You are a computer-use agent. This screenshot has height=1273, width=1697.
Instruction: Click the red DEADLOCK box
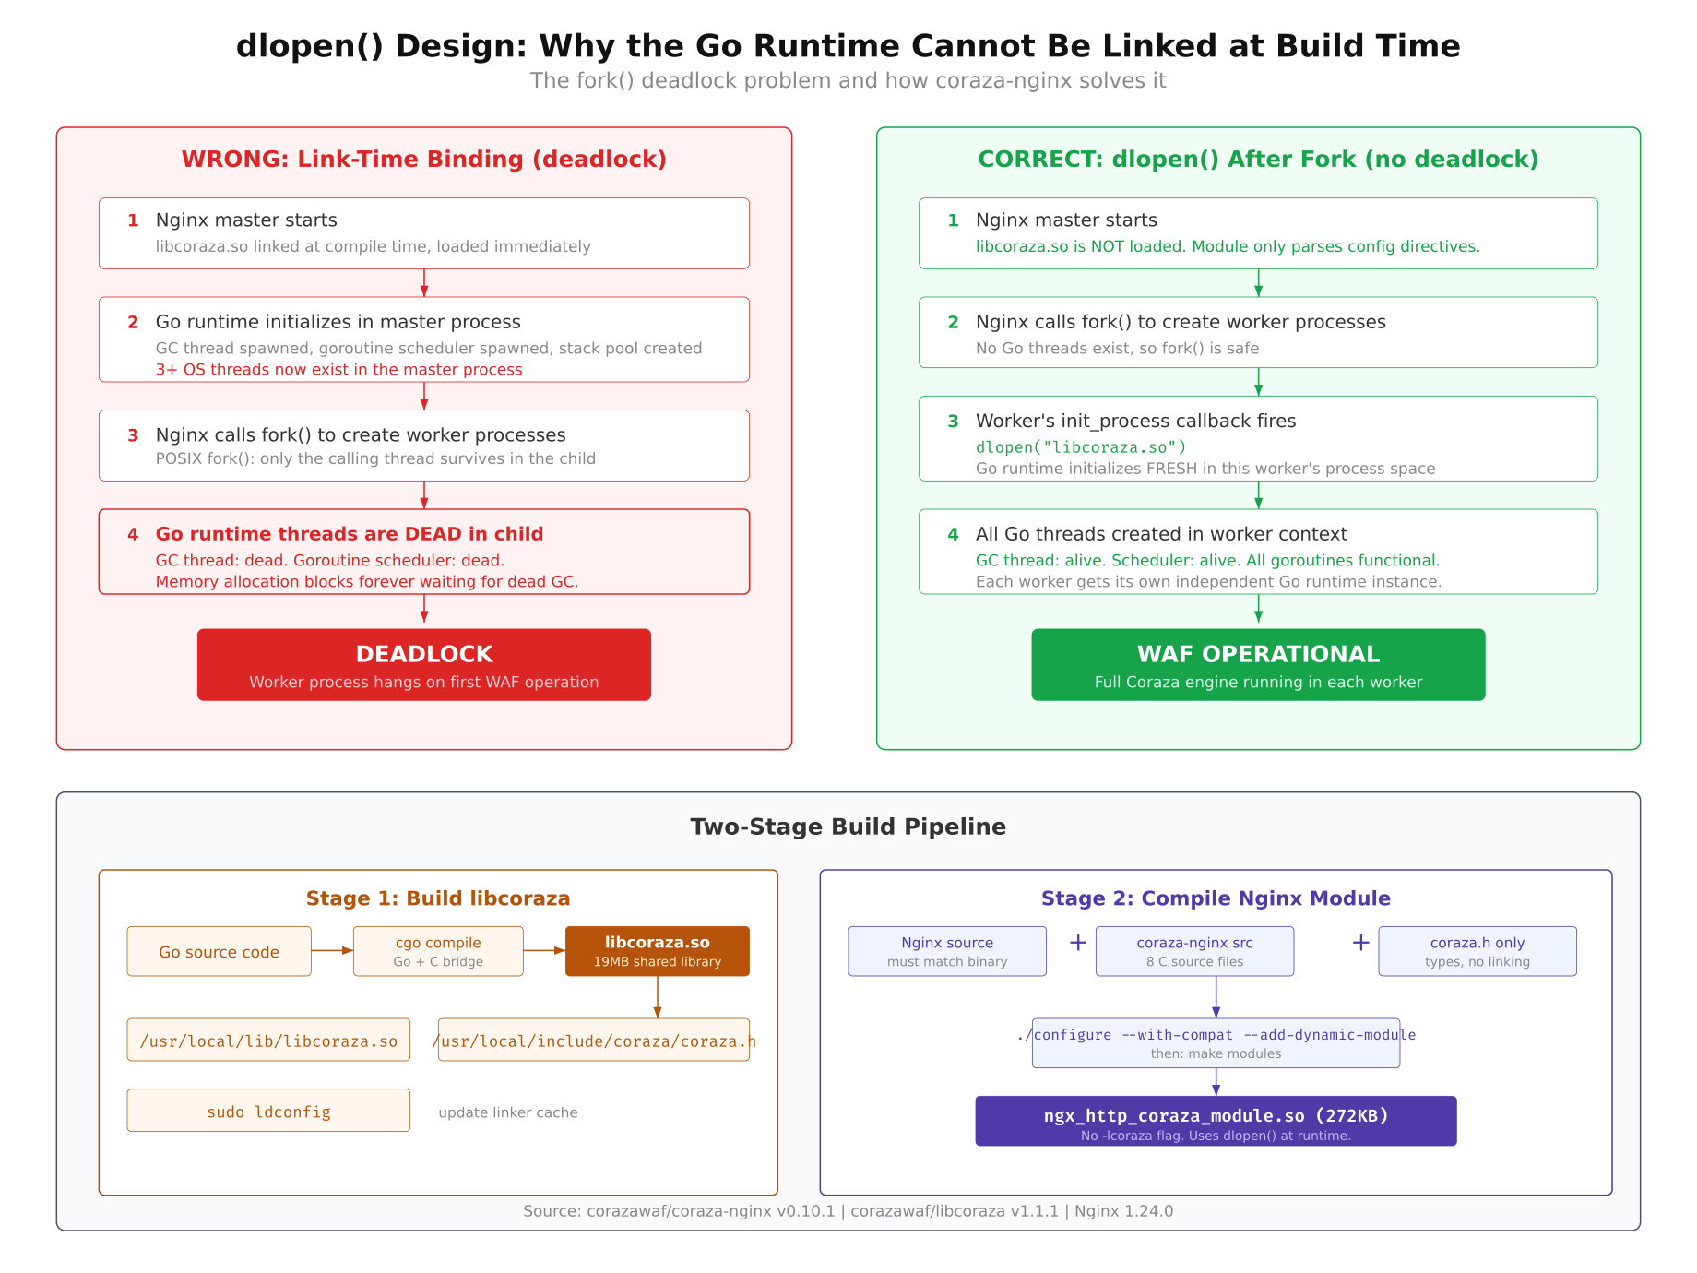[x=423, y=665]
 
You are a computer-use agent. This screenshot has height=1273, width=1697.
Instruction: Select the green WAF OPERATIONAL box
[x=1258, y=665]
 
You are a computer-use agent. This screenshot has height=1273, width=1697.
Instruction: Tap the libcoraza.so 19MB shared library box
[x=657, y=951]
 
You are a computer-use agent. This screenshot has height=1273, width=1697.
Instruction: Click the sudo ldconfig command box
[x=268, y=1111]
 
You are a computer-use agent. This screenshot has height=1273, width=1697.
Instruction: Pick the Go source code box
[x=219, y=952]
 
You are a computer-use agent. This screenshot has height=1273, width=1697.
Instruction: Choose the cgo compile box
[x=438, y=951]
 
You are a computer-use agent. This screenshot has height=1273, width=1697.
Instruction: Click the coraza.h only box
[x=1477, y=951]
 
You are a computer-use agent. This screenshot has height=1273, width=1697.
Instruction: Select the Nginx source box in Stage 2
[x=947, y=951]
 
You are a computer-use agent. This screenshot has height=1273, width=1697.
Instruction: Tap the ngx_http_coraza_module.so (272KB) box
[x=1216, y=1122]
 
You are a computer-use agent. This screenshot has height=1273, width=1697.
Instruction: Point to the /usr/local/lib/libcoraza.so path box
[x=268, y=1041]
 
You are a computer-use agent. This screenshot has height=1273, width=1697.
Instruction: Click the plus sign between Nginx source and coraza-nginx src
[x=1077, y=943]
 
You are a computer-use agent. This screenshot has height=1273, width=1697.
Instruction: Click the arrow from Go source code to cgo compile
[x=332, y=950]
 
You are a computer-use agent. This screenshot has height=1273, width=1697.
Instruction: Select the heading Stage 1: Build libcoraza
[x=438, y=898]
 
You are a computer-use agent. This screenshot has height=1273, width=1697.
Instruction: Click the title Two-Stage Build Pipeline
[x=848, y=827]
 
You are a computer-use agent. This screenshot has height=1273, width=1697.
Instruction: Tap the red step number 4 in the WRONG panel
[x=133, y=534]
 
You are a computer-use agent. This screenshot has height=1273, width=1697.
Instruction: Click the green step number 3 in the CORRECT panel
[x=953, y=422]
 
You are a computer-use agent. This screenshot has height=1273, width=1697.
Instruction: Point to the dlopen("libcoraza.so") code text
[x=1081, y=447]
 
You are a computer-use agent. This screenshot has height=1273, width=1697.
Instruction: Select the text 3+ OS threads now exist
[x=338, y=370]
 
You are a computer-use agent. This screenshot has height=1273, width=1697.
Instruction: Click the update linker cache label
[x=508, y=1112]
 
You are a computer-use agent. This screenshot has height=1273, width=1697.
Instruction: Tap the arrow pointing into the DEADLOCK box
[x=424, y=612]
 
